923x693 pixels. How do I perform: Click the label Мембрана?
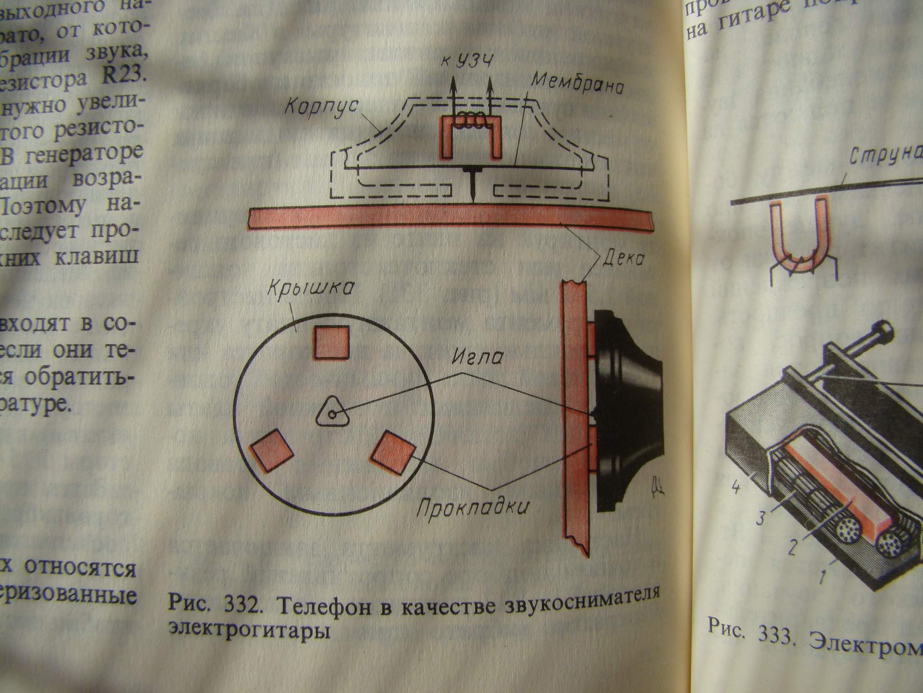tap(578, 84)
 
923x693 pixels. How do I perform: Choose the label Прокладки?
tap(472, 508)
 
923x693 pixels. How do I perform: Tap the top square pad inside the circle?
tap(332, 342)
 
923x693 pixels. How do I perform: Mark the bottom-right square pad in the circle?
tap(393, 453)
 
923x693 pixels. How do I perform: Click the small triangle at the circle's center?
tap(332, 412)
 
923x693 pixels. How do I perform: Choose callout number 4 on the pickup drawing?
tap(735, 489)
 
